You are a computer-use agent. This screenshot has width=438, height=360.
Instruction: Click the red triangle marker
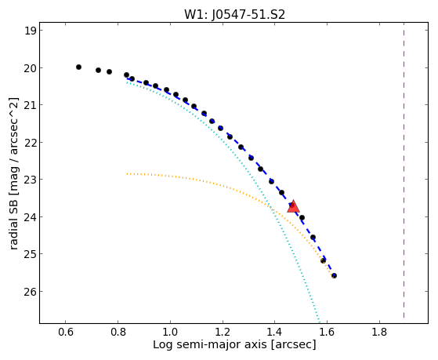tap(293, 207)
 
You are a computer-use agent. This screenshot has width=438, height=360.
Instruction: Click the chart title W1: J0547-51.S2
tap(234, 15)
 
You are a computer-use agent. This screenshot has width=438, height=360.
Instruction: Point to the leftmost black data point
tap(79, 67)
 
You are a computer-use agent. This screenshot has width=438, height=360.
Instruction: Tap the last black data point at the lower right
tap(334, 275)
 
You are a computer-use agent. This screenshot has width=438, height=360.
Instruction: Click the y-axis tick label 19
tap(31, 31)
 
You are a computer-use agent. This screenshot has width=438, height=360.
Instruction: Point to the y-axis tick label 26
tap(30, 292)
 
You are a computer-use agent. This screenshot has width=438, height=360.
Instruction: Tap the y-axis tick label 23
tap(30, 180)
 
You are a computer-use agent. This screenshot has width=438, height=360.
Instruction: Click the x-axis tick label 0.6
tap(65, 332)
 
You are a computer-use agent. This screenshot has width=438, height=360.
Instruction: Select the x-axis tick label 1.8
tap(379, 332)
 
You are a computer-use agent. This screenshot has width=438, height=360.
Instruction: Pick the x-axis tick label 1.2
tap(223, 332)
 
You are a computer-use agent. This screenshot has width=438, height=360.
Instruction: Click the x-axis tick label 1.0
tap(170, 332)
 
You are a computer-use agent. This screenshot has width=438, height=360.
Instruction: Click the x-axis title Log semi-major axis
tap(209, 344)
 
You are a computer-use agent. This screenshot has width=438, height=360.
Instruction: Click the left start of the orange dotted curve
tap(127, 174)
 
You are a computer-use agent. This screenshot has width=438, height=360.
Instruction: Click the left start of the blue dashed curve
tap(127, 78)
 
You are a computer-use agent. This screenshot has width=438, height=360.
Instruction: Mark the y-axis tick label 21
tap(30, 105)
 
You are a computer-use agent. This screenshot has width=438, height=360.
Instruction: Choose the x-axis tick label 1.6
tap(327, 332)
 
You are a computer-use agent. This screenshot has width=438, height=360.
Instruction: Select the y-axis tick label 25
tap(30, 254)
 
